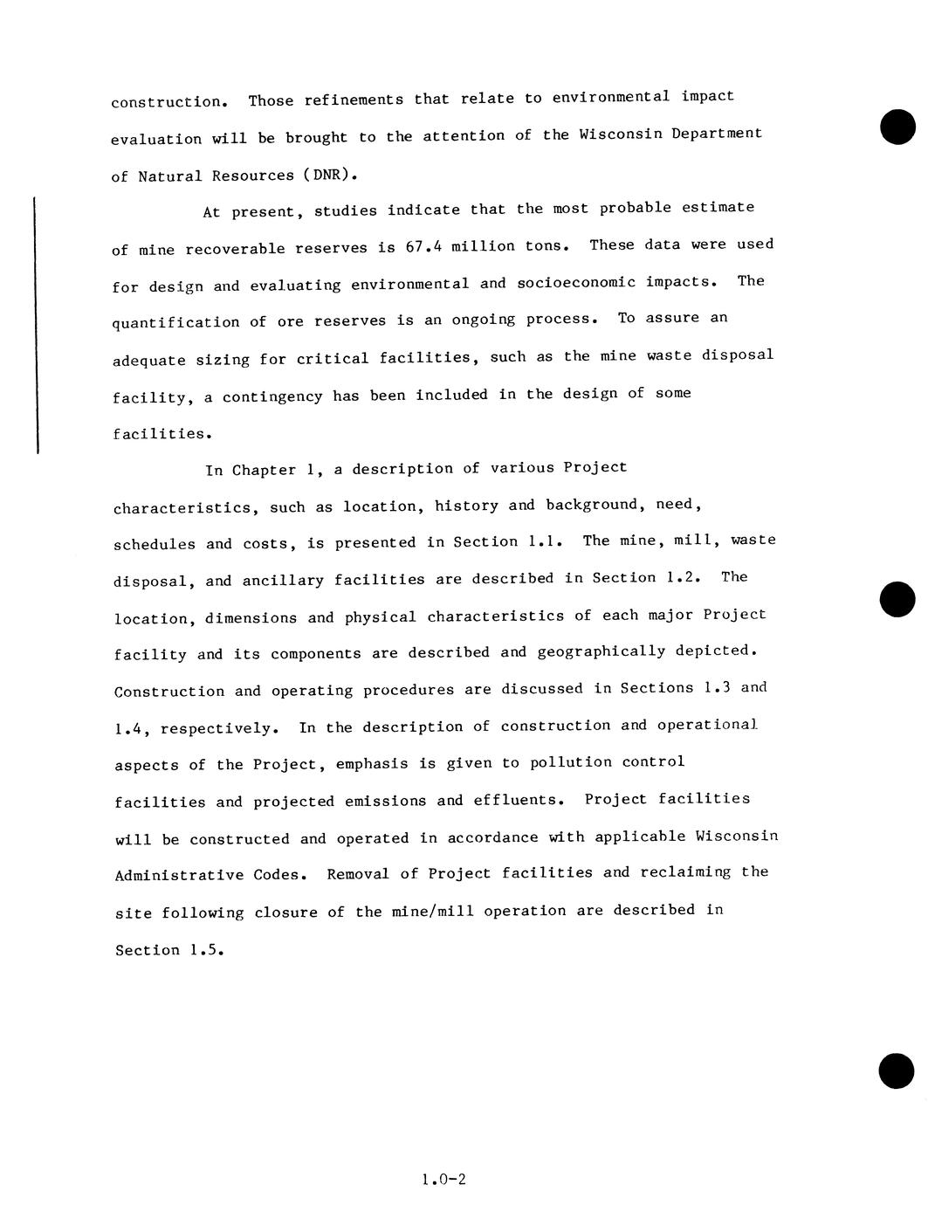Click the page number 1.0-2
443,1180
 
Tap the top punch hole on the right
897,127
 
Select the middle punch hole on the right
897,599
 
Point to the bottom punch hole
897,1071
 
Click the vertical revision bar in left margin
35,326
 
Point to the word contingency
272,396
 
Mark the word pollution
571,762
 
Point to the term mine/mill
433,912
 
